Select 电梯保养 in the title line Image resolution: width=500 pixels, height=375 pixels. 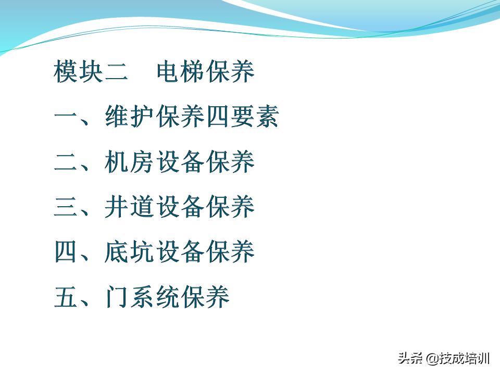click(206, 72)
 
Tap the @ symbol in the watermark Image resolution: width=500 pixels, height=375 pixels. click(432, 359)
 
